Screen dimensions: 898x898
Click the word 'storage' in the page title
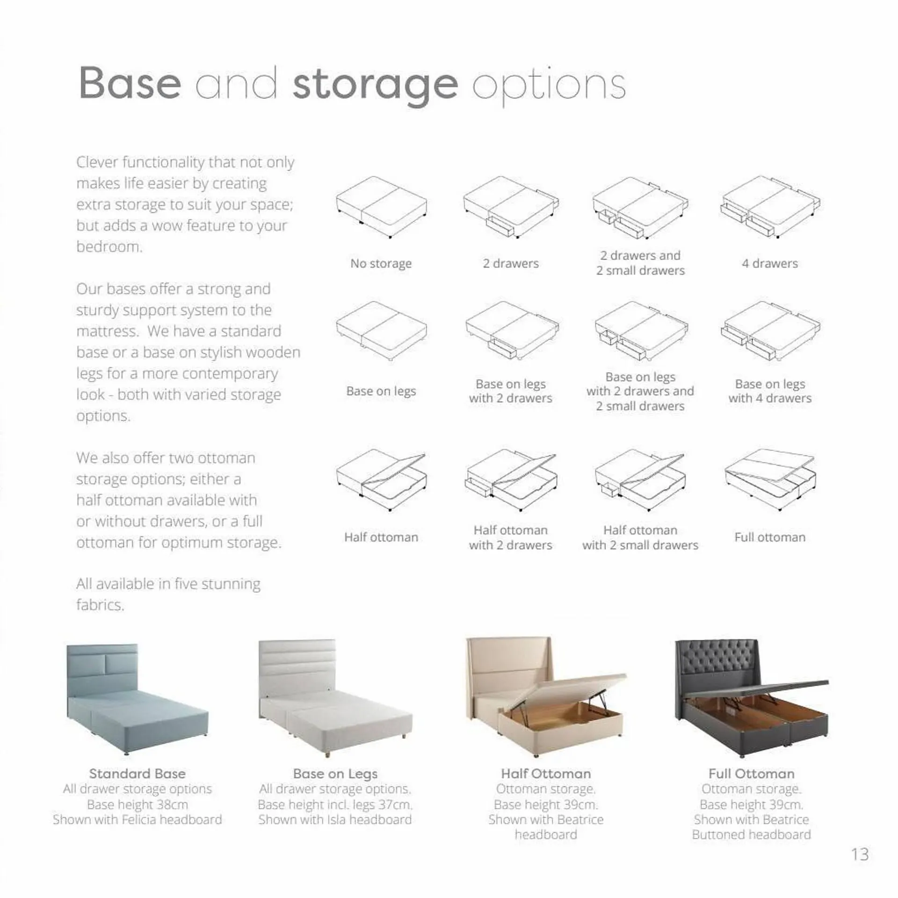pyautogui.click(x=375, y=85)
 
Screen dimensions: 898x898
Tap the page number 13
pyautogui.click(x=860, y=854)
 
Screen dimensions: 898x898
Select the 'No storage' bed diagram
pyautogui.click(x=381, y=207)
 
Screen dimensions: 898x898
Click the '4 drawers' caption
pyautogui.click(x=769, y=263)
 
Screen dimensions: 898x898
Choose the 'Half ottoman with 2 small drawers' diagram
pyautogui.click(x=640, y=479)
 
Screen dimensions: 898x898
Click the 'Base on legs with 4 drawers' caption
pyautogui.click(x=769, y=391)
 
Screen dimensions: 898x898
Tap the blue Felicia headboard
pyautogui.click(x=102, y=669)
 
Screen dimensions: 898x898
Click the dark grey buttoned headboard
pyautogui.click(x=718, y=664)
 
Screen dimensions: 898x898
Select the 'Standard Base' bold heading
pyautogui.click(x=137, y=774)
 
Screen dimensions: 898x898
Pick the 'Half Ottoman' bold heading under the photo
pyautogui.click(x=546, y=774)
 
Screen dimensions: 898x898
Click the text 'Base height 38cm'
pyautogui.click(x=137, y=804)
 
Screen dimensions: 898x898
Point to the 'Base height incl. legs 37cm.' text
pyautogui.click(x=335, y=804)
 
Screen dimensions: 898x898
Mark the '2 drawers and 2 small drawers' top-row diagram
pyautogui.click(x=640, y=207)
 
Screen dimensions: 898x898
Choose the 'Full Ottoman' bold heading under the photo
pyautogui.click(x=751, y=774)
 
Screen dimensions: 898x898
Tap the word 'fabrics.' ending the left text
pyautogui.click(x=100, y=605)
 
